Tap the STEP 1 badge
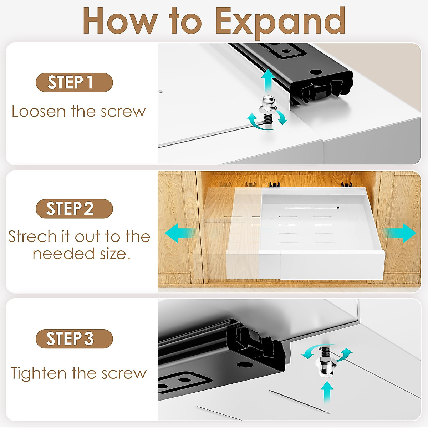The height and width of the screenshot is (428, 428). [74, 82]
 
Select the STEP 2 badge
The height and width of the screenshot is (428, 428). [74, 209]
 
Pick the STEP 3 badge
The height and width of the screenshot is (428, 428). [74, 338]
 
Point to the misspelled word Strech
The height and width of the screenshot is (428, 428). [32, 237]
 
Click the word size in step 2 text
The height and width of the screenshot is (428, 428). [114, 254]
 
